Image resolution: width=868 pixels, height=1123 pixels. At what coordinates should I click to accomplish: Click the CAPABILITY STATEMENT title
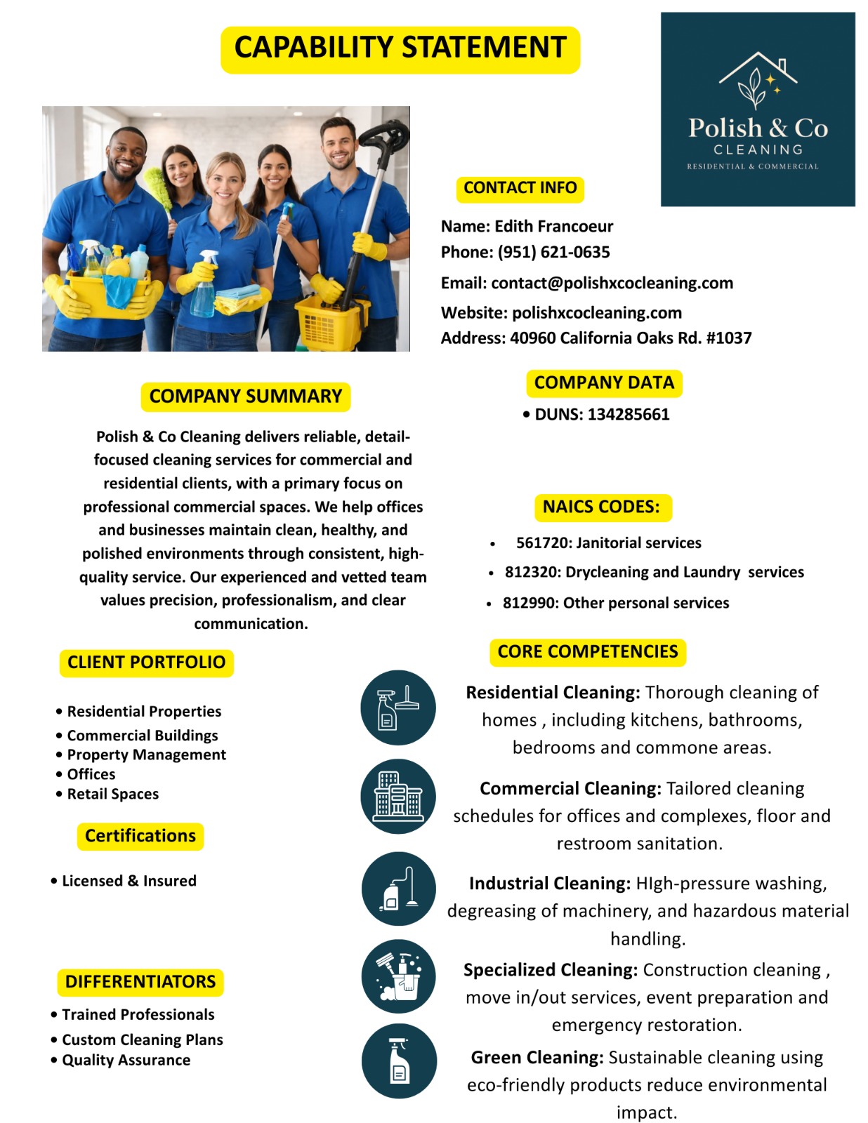coord(400,48)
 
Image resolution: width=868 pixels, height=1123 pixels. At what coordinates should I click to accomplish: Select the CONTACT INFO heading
coord(520,188)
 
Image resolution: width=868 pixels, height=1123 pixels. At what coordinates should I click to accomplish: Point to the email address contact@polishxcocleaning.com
coord(612,283)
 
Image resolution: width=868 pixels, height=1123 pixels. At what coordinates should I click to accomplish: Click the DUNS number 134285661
coord(628,414)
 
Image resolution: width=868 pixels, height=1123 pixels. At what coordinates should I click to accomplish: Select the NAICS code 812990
coord(532,603)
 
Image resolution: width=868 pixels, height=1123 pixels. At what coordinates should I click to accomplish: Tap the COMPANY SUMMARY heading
coord(245,397)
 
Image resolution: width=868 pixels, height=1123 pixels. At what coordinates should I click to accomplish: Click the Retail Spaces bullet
coord(112,794)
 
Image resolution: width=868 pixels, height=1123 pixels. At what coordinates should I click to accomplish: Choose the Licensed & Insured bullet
coord(129,881)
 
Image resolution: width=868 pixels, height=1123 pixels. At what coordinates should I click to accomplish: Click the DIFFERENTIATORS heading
coord(140,981)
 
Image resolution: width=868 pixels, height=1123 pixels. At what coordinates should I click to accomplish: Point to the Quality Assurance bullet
coord(126,1060)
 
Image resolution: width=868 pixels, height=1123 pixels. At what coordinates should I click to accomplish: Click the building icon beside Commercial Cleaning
coord(398,797)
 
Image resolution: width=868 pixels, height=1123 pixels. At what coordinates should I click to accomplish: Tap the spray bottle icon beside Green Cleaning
coord(399,1061)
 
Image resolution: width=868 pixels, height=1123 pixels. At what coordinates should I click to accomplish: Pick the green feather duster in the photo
coord(159,187)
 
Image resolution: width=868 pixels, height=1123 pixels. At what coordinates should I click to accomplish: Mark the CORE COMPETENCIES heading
coord(587,652)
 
